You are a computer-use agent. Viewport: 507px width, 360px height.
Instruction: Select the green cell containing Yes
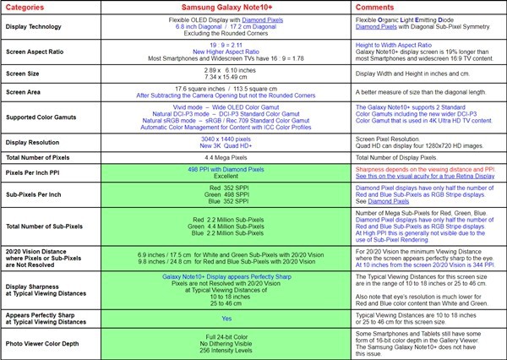(226, 319)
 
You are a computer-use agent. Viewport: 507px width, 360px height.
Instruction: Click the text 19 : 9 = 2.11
(225, 45)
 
